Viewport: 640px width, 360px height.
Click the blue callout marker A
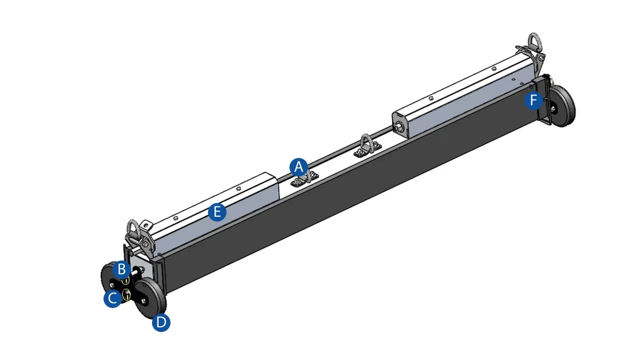click(x=299, y=166)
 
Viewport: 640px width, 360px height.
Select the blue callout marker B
click(x=121, y=269)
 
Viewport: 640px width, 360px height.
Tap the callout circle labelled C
click(x=112, y=298)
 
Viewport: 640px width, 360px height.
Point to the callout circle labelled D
click(x=161, y=322)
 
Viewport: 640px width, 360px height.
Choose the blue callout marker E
click(x=217, y=212)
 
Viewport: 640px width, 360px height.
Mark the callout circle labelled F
click(x=534, y=101)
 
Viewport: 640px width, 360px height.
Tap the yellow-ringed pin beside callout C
click(x=127, y=294)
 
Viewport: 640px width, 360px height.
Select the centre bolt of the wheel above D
click(x=144, y=299)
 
